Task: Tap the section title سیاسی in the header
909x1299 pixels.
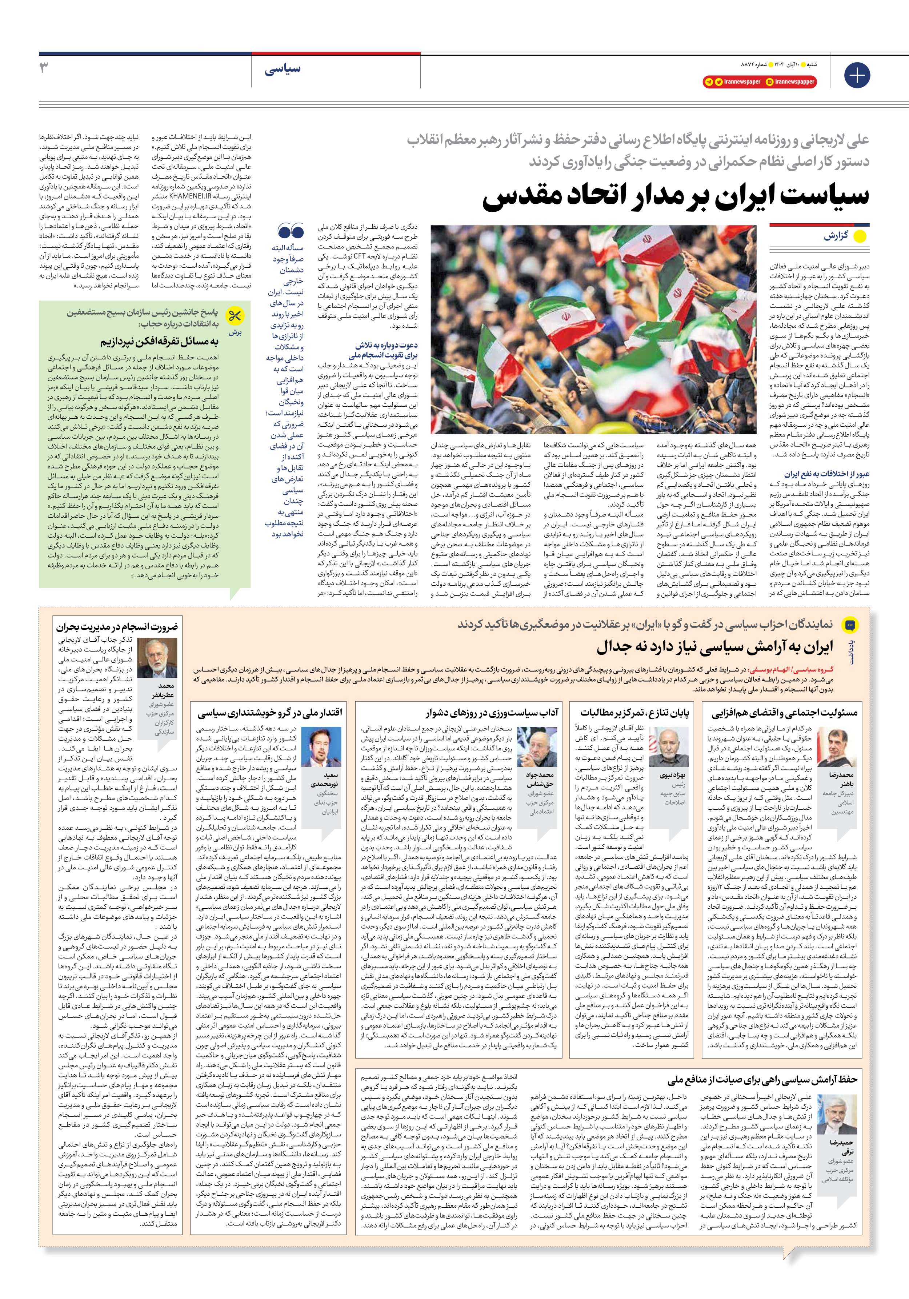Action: click(283, 69)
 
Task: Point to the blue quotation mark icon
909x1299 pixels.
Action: click(291, 231)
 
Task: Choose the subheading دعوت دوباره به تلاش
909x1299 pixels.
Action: click(387, 345)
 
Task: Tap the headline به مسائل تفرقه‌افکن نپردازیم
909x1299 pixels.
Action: click(160, 342)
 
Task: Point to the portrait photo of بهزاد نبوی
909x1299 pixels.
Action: click(672, 747)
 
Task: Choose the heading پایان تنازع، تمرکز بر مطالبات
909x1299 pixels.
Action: click(634, 712)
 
